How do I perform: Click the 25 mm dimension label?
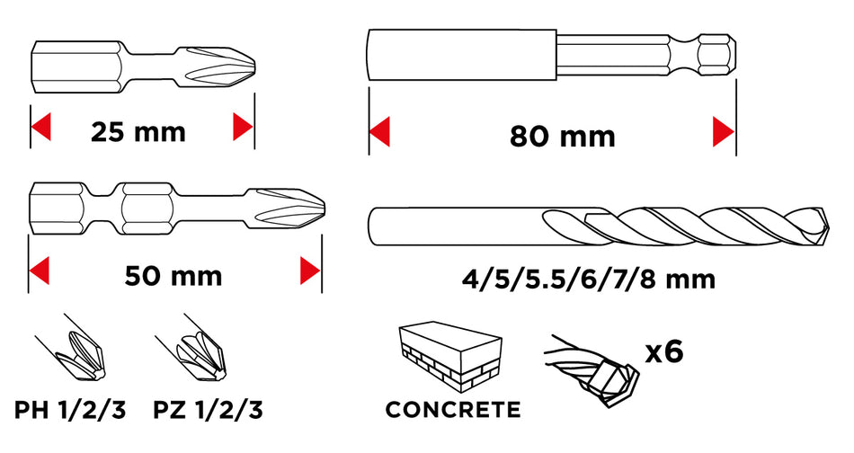pos(138,132)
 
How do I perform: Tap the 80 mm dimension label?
pos(562,136)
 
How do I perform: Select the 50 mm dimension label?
pos(173,276)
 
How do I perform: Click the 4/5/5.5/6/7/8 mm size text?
pos(588,280)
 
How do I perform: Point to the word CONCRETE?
pos(452,410)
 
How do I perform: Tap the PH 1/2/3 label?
pos(70,410)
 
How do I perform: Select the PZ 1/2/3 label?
pos(208,410)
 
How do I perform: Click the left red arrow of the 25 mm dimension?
pos(40,127)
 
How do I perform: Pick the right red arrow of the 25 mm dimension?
pos(243,127)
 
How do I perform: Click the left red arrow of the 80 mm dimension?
pos(379,131)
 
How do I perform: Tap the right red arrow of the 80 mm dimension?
pos(724,131)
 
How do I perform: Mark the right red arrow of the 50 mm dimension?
pos(310,271)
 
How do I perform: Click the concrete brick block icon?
pos(449,357)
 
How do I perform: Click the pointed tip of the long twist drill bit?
pos(829,226)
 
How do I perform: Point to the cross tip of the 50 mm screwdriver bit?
pos(324,209)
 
